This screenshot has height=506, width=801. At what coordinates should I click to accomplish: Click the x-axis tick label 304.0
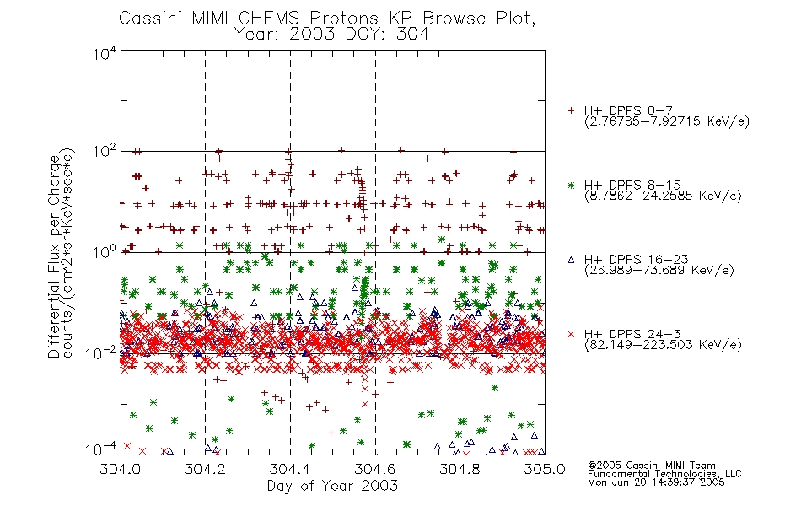point(121,469)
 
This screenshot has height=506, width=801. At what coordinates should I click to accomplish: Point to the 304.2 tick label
point(206,469)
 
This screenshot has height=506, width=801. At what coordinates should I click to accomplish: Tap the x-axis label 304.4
point(290,469)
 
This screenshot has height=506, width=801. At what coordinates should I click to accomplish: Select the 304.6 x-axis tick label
point(375,469)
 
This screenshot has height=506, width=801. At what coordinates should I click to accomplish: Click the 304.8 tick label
point(460,469)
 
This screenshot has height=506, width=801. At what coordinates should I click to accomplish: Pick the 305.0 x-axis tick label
point(545,469)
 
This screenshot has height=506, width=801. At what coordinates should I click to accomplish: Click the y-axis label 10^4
point(105,53)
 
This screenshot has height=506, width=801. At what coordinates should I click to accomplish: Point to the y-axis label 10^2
point(105,152)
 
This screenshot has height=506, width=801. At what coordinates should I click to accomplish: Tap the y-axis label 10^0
point(105,252)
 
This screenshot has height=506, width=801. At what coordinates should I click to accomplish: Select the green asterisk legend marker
point(571,186)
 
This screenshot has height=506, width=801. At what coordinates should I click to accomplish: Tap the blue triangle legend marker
point(571,260)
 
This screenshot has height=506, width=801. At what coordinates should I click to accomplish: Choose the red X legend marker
point(571,334)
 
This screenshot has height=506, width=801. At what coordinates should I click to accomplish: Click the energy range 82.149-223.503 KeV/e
point(663,345)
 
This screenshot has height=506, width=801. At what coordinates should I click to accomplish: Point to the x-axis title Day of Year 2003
point(332,486)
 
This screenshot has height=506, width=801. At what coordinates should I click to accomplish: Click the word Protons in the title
point(344,19)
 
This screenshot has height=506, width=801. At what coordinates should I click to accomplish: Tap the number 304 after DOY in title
point(412,34)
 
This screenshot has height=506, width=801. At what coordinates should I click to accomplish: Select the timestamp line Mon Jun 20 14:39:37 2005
point(656,482)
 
